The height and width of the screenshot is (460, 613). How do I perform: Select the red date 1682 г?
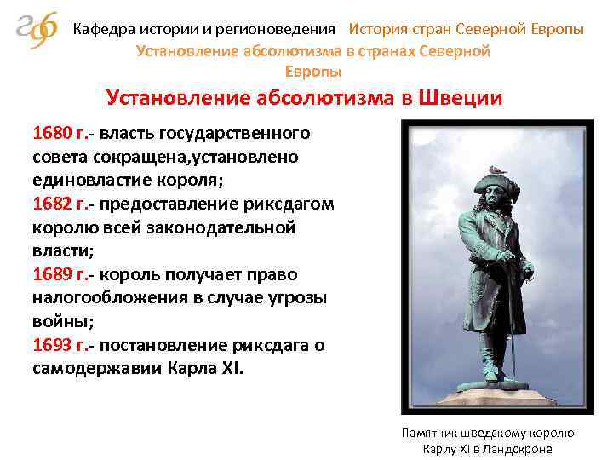59,204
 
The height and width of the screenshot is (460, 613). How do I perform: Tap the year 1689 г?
59,275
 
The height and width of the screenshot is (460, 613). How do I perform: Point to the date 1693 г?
59,347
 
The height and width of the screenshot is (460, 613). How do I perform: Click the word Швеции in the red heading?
459,98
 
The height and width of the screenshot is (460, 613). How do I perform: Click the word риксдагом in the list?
293,204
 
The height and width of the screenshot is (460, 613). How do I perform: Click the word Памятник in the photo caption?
430,433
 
